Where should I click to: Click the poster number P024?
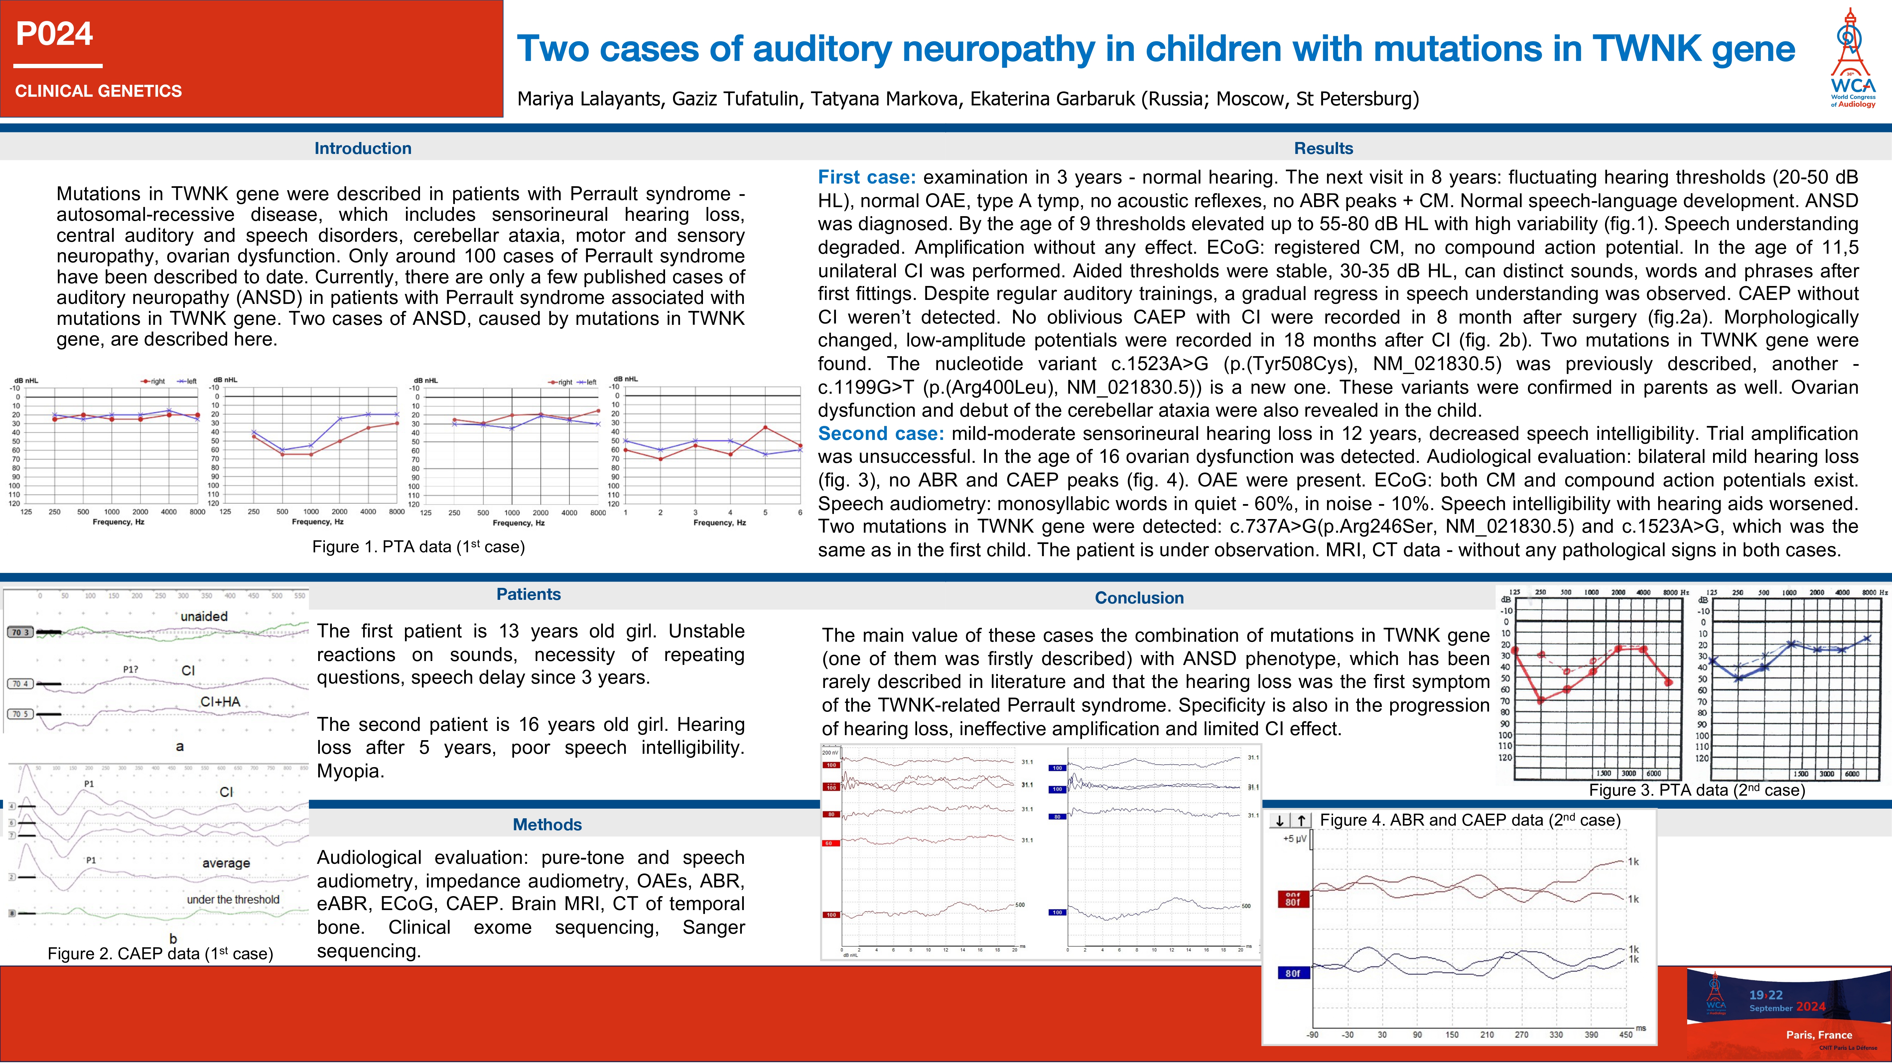[x=54, y=34]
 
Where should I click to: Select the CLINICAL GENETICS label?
[x=98, y=91]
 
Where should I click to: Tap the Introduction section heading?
[x=363, y=148]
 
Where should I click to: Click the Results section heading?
[x=1323, y=148]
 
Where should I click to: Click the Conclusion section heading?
[x=1139, y=598]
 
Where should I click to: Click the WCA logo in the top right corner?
[x=1852, y=59]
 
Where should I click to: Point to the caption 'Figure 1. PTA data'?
[x=418, y=547]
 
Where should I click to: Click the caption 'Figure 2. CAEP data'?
[x=160, y=954]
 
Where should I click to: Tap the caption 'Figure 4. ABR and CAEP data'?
[x=1470, y=820]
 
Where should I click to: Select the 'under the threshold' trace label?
[x=233, y=899]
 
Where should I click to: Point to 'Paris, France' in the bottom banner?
[x=1819, y=1035]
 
